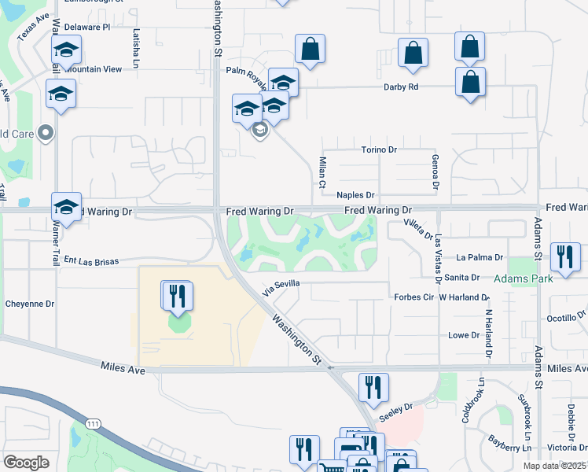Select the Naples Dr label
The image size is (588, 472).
click(x=356, y=194)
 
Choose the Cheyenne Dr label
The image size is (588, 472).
click(x=29, y=303)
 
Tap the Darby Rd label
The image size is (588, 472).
click(x=401, y=87)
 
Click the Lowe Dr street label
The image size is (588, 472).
click(x=463, y=335)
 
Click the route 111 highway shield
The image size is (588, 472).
click(x=94, y=424)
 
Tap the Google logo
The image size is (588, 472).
click(x=26, y=463)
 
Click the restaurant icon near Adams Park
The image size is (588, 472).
click(x=566, y=257)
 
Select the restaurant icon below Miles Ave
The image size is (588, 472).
click(x=373, y=387)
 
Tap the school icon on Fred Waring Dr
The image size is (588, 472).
click(x=67, y=207)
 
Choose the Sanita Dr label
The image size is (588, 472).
click(x=462, y=278)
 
